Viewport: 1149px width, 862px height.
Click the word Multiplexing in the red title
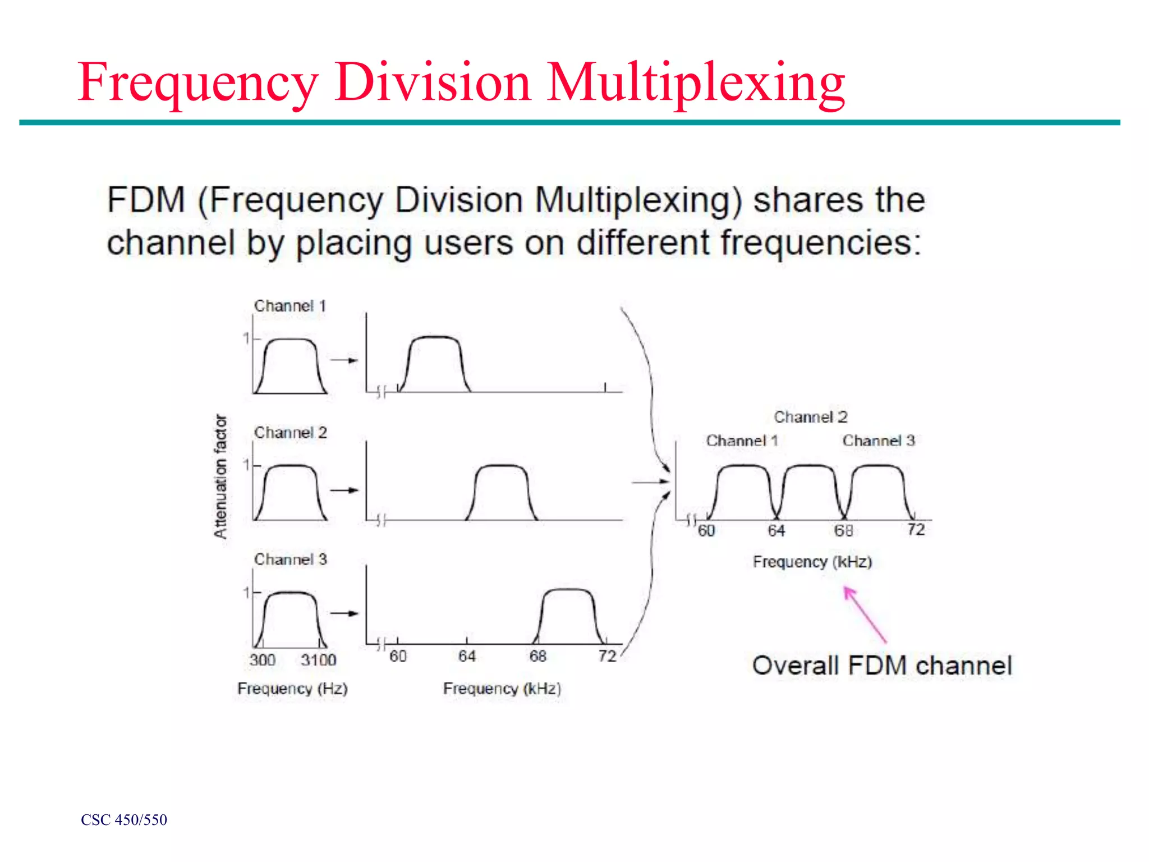coord(696,83)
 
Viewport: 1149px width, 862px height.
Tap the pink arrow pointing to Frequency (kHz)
coord(865,614)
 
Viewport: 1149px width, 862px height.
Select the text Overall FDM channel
coord(882,666)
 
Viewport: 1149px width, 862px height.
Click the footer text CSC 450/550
coord(124,820)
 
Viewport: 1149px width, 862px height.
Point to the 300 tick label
coord(263,660)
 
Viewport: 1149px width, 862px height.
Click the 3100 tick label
coord(318,660)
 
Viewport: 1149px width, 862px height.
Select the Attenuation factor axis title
coord(220,476)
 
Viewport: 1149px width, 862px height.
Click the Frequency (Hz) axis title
coord(292,689)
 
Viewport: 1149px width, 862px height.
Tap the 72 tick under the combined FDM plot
coord(916,529)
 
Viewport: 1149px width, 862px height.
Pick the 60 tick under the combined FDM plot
coord(706,530)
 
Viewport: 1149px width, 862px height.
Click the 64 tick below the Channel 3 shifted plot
coord(467,656)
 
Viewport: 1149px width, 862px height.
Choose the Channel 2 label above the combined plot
coord(811,417)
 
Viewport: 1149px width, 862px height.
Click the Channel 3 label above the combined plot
coord(879,441)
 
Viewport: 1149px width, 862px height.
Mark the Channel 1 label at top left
coord(290,306)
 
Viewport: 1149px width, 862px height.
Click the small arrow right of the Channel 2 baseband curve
coord(344,490)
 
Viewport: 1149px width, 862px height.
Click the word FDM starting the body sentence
coord(146,200)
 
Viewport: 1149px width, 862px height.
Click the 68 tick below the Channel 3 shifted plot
coord(537,656)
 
